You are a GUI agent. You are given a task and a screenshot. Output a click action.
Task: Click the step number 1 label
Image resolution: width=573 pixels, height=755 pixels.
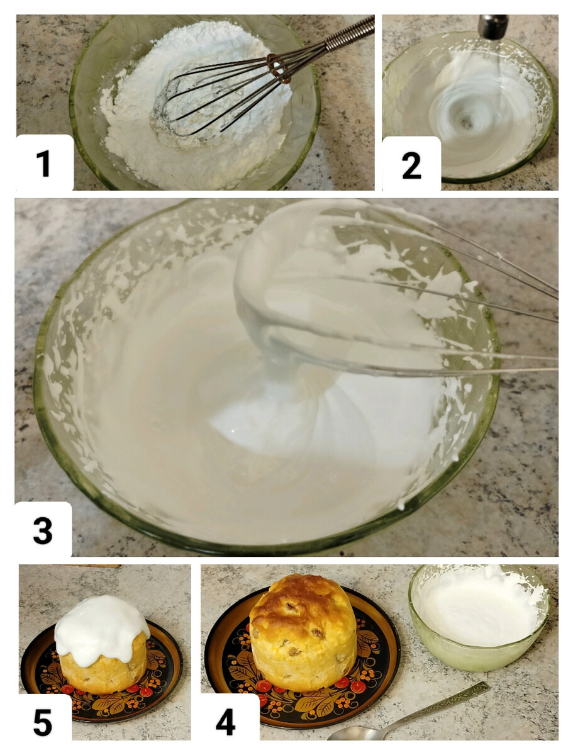pyautogui.click(x=44, y=163)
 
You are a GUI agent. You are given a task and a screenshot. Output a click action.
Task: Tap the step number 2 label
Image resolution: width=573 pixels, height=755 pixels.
pyautogui.click(x=411, y=165)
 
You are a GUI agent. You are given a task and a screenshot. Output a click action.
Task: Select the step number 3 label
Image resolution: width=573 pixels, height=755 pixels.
pyautogui.click(x=43, y=531)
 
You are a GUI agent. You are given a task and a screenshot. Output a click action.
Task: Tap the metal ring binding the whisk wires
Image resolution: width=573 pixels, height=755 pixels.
pyautogui.click(x=278, y=68)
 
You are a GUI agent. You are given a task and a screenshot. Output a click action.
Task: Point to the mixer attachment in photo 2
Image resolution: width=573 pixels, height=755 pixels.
pyautogui.click(x=492, y=26)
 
